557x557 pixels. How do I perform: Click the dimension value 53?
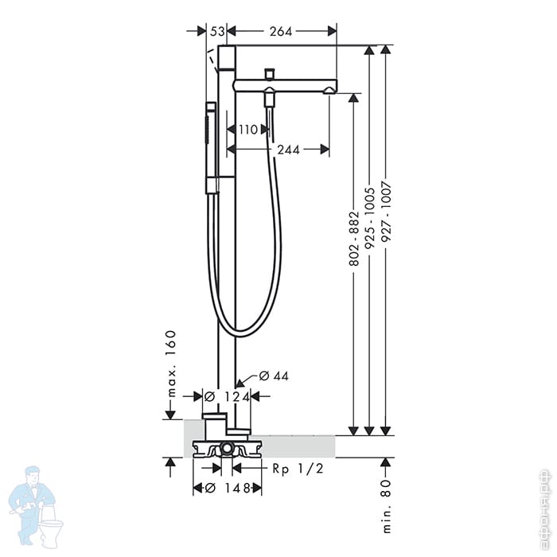coord(216,31)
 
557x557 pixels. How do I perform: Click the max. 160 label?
coord(170,362)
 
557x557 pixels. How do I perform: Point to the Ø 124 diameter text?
coord(227,396)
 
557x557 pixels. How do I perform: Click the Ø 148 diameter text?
coord(227,488)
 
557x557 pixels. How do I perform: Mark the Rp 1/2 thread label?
coord(298,469)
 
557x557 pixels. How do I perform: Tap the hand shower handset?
coord(211,147)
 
